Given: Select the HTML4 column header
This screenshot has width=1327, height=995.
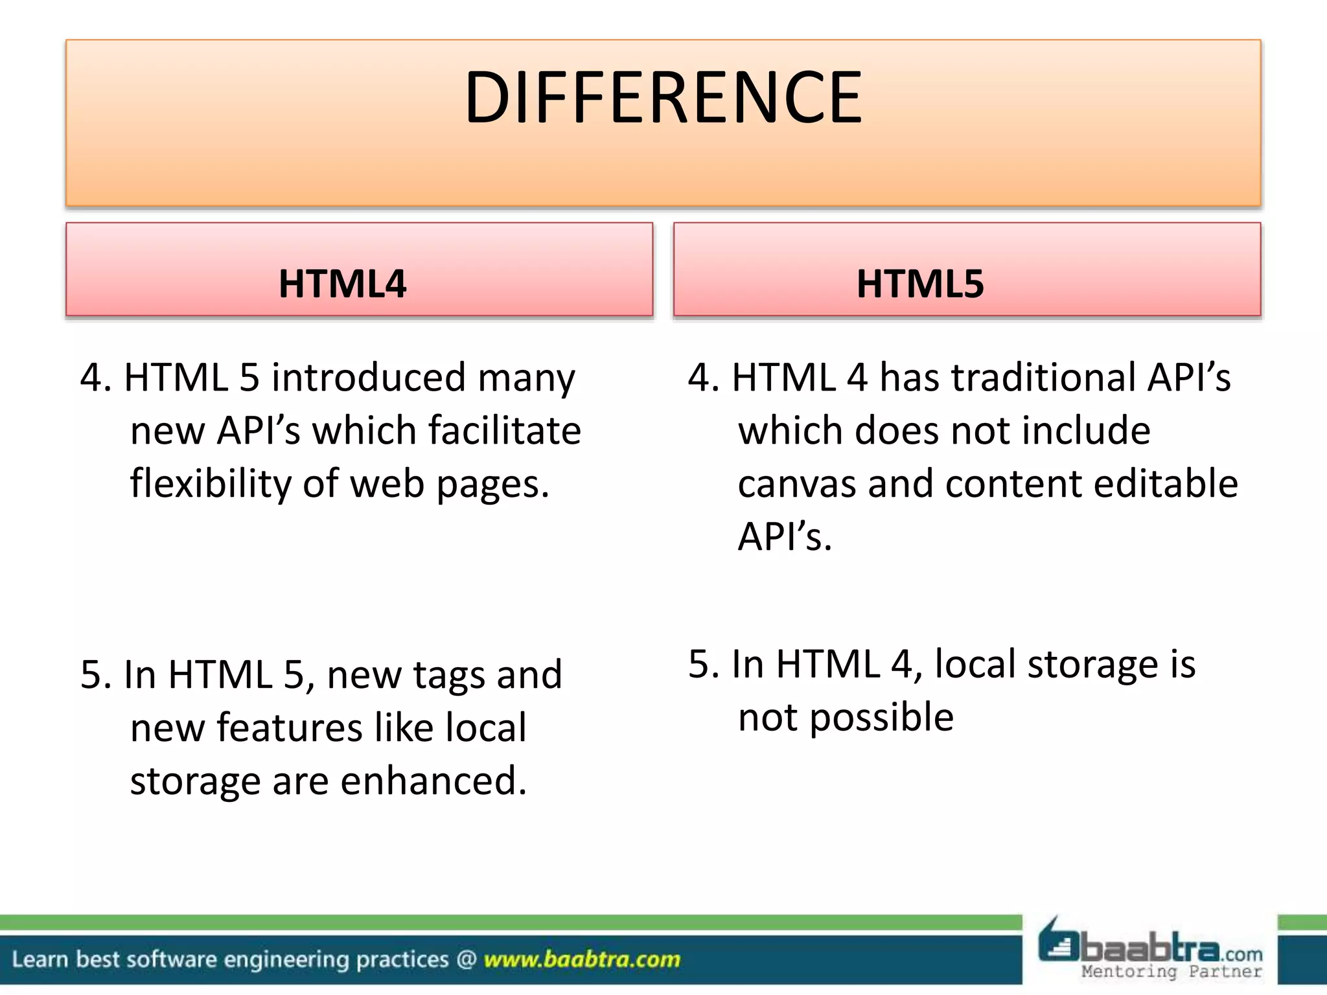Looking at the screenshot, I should point(342,284).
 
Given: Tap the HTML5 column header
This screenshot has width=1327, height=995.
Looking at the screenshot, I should point(920,284).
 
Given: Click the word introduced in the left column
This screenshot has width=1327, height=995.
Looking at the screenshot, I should point(369,377).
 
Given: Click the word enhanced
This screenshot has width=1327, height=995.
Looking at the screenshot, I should point(433,781).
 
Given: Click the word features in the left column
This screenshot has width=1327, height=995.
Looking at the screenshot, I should point(290,727).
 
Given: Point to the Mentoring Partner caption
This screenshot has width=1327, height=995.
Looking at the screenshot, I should point(1171,972).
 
